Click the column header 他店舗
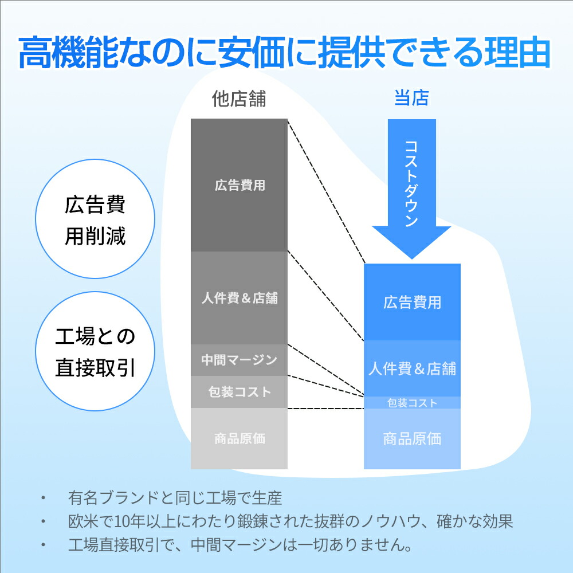click(239, 99)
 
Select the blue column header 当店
click(411, 98)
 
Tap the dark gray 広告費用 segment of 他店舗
click(239, 185)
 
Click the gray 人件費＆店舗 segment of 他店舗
click(239, 298)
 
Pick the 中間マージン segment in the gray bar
click(239, 360)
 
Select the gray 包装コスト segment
click(239, 392)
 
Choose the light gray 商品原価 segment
click(239, 438)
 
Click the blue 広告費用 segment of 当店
click(412, 302)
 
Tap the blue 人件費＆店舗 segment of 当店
click(412, 368)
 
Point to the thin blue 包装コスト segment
click(412, 403)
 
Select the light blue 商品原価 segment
click(412, 438)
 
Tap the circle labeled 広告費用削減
click(95, 219)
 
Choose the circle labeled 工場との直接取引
click(95, 351)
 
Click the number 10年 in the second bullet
click(129, 521)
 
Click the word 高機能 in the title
click(68, 52)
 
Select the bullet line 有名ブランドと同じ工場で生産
click(175, 498)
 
